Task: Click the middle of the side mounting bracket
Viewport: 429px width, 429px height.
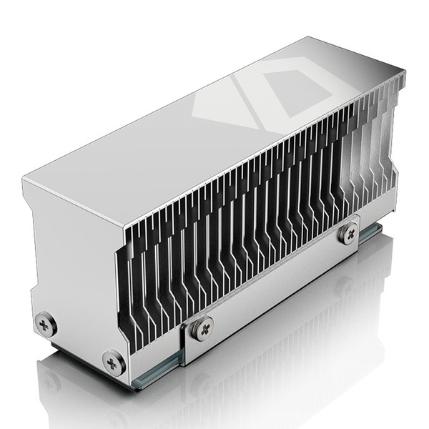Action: point(275,286)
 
